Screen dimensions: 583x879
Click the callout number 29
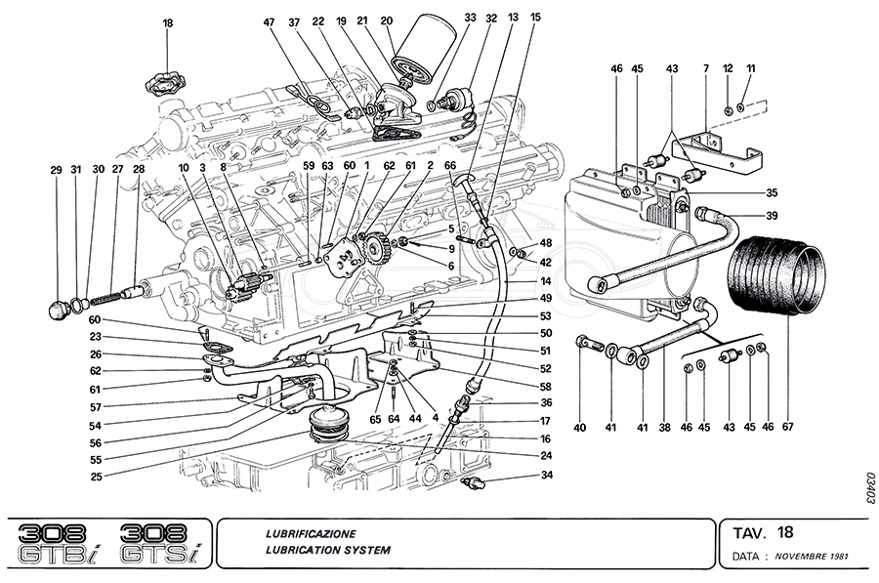tap(56, 170)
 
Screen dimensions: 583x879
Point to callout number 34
tap(546, 476)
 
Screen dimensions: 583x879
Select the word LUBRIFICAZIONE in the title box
tap(311, 534)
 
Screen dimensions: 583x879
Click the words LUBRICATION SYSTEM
tap(327, 550)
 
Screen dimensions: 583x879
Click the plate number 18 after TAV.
tap(785, 533)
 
